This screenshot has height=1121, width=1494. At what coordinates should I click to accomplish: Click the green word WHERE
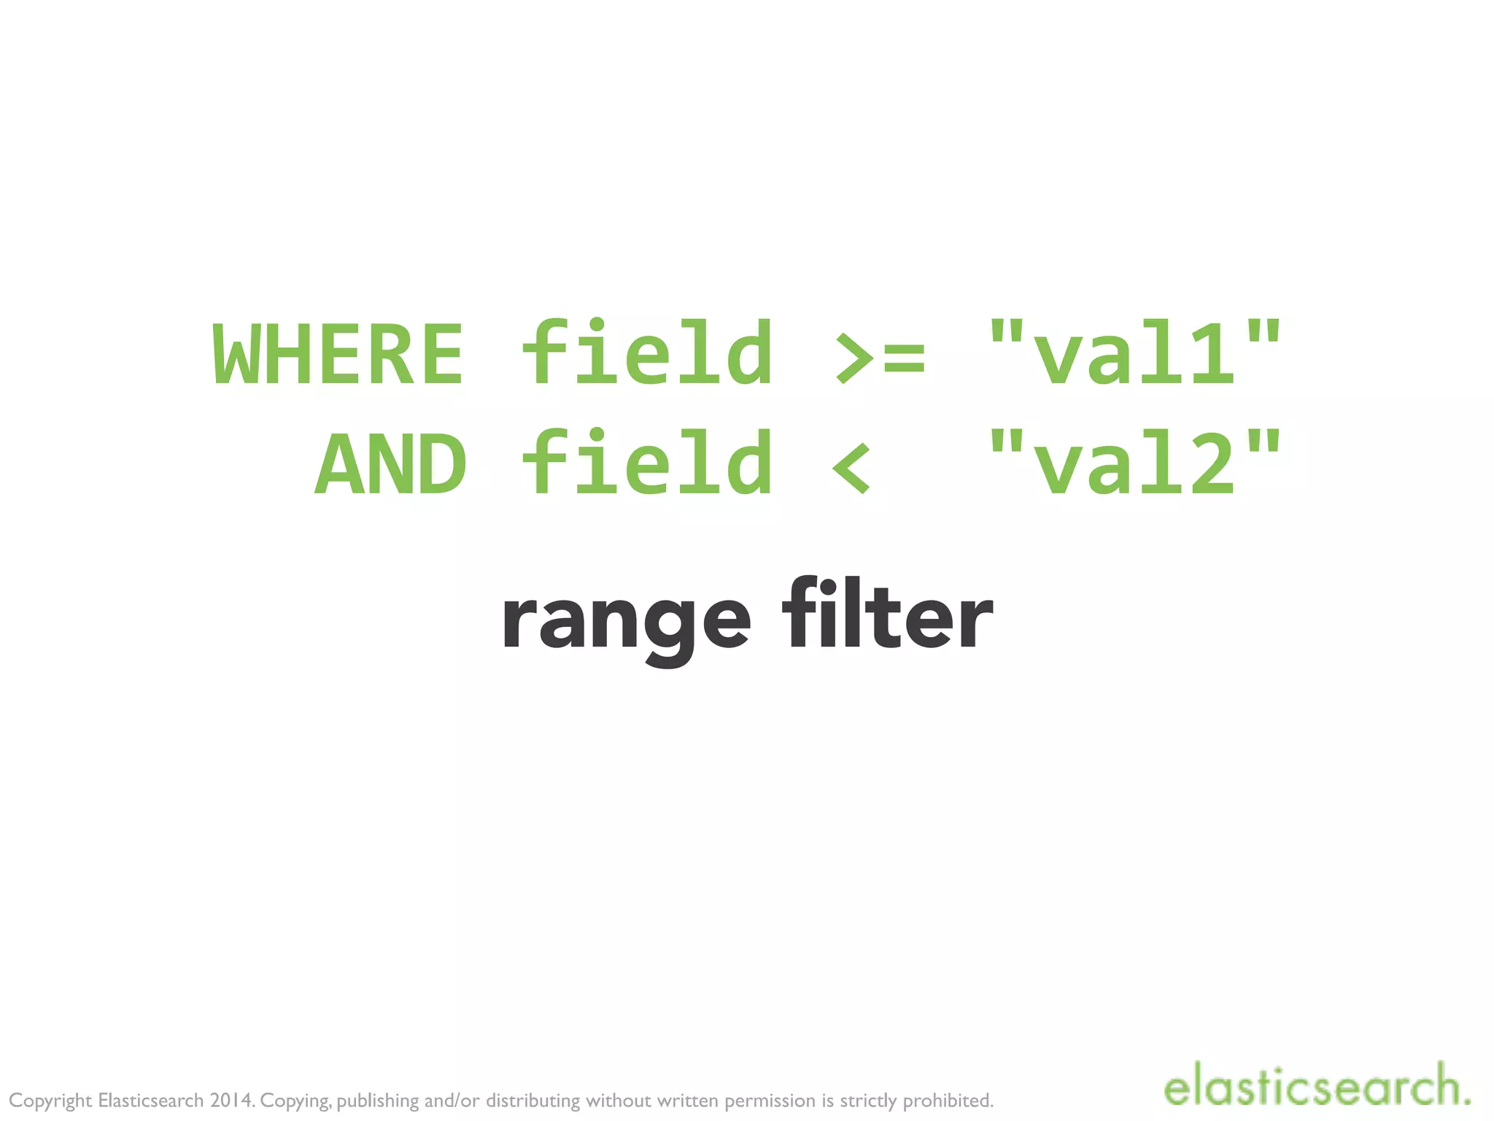pos(338,355)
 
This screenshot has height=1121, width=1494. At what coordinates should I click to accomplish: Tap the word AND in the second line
pos(391,464)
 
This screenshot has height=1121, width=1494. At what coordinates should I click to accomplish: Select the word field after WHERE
pos(648,353)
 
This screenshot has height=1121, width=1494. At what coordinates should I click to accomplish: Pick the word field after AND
pos(648,463)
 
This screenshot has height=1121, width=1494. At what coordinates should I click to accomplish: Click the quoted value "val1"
pos(1134,353)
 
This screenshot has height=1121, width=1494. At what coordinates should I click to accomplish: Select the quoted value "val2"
pos(1134,463)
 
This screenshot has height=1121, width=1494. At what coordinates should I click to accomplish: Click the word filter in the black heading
pos(887,615)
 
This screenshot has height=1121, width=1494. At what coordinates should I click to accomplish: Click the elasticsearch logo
pos(1317,1087)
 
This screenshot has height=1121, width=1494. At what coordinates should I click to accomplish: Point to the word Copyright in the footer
pos(50,1101)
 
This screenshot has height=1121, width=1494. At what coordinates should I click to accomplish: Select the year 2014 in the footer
pos(232,1100)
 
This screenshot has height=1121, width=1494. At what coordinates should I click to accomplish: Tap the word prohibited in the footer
pos(948,1100)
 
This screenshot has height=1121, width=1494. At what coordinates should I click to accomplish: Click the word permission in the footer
pos(770,1101)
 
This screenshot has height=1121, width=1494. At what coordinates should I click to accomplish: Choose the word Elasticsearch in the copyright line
pos(151,1100)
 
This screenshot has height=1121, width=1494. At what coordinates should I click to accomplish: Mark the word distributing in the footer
pos(533,1100)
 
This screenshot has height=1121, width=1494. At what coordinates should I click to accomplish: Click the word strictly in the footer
pos(868,1101)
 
